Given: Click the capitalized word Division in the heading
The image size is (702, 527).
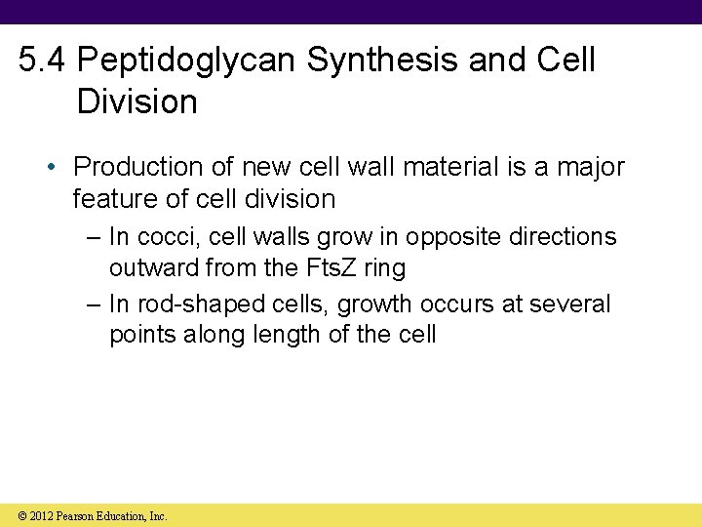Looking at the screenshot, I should pyautogui.click(x=136, y=101).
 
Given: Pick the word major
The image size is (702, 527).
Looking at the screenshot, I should pyautogui.click(x=591, y=167).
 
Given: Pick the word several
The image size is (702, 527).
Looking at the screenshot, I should pyautogui.click(x=570, y=304).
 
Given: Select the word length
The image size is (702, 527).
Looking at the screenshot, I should pyautogui.click(x=254, y=335).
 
